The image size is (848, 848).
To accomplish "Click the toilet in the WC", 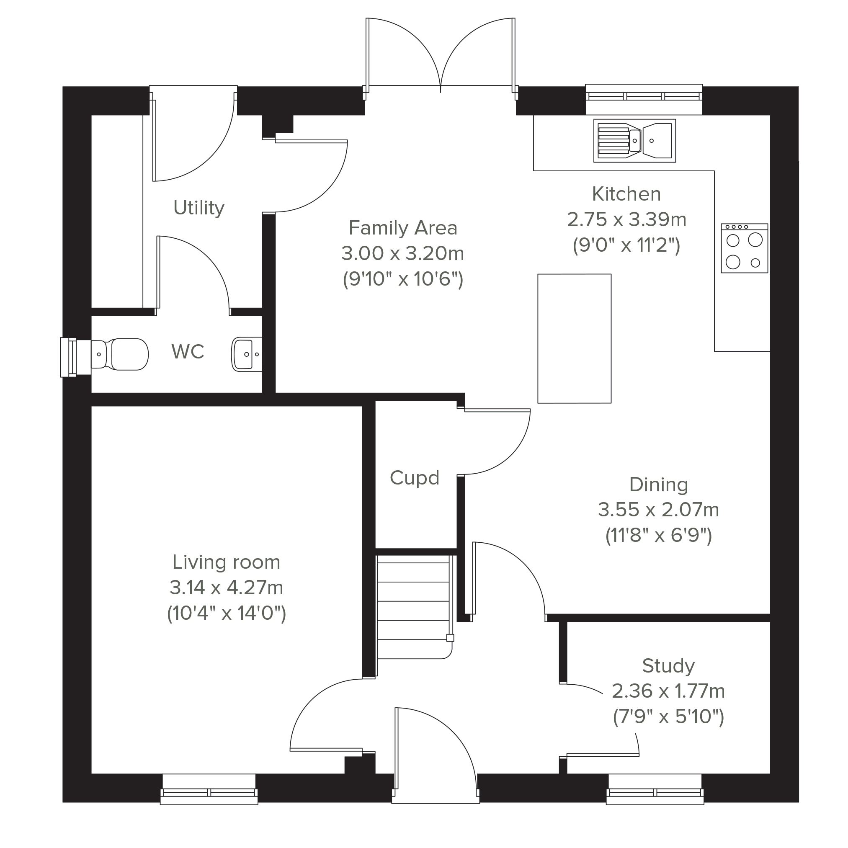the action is (119, 354).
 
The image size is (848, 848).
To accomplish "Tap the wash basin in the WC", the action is (247, 354).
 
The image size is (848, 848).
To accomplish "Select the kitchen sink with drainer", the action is (635, 140).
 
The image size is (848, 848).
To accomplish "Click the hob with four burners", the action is (745, 248).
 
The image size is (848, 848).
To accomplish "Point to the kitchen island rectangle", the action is (575, 338).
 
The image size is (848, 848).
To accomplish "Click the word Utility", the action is (199, 208).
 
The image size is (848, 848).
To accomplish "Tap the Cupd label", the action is (414, 478).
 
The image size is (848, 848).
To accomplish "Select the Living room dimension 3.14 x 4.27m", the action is (227, 587).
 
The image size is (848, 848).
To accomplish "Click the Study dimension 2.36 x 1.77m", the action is (668, 691).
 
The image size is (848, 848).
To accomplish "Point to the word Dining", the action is (658, 485).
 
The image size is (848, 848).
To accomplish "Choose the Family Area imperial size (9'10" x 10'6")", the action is (403, 279).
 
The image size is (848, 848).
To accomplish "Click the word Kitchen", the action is (626, 194).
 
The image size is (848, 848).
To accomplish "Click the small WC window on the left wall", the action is (69, 357).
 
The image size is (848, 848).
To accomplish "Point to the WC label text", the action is (188, 352).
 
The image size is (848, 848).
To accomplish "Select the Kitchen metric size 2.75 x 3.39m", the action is (626, 219).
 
